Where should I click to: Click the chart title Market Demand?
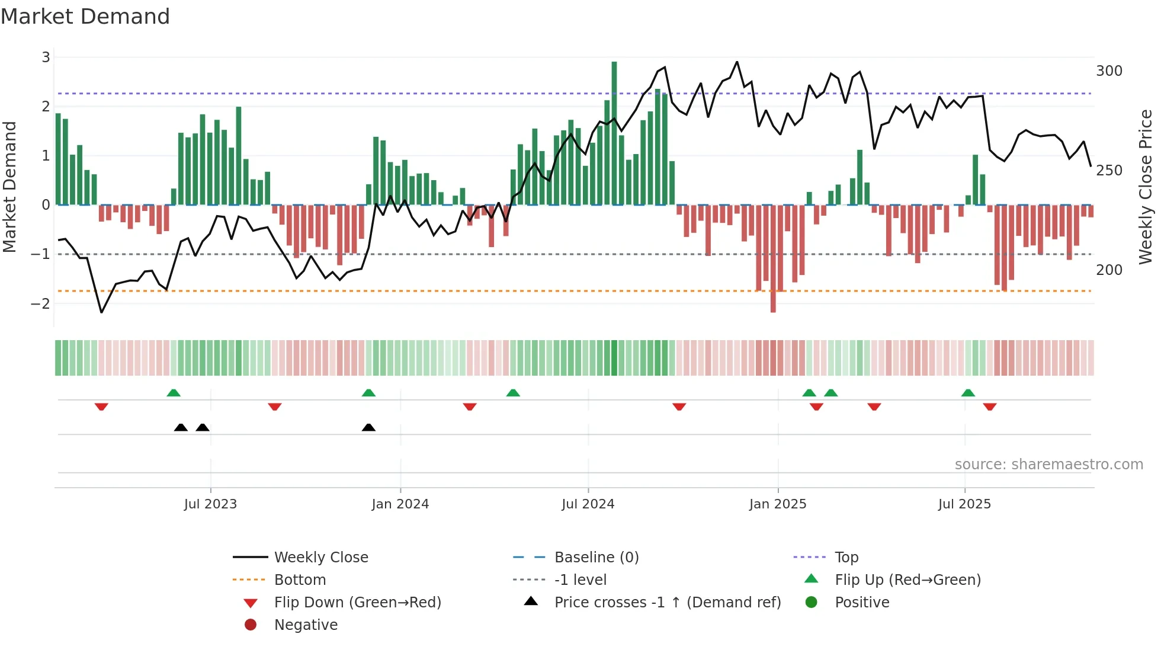coord(85,17)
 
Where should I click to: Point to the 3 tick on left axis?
coord(46,57)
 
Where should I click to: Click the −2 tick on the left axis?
coord(41,303)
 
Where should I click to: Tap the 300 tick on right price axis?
coord(1109,71)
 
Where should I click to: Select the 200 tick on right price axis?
coord(1109,270)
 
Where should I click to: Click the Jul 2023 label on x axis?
coord(210,504)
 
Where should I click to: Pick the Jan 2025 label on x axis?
coord(777,504)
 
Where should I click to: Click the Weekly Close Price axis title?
coord(1146,187)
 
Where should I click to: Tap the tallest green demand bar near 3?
coord(614,133)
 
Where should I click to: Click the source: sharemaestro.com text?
coord(1048,465)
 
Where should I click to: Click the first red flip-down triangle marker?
coord(101,406)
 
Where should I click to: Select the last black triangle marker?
coord(368,427)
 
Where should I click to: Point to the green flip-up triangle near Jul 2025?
coord(968,393)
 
